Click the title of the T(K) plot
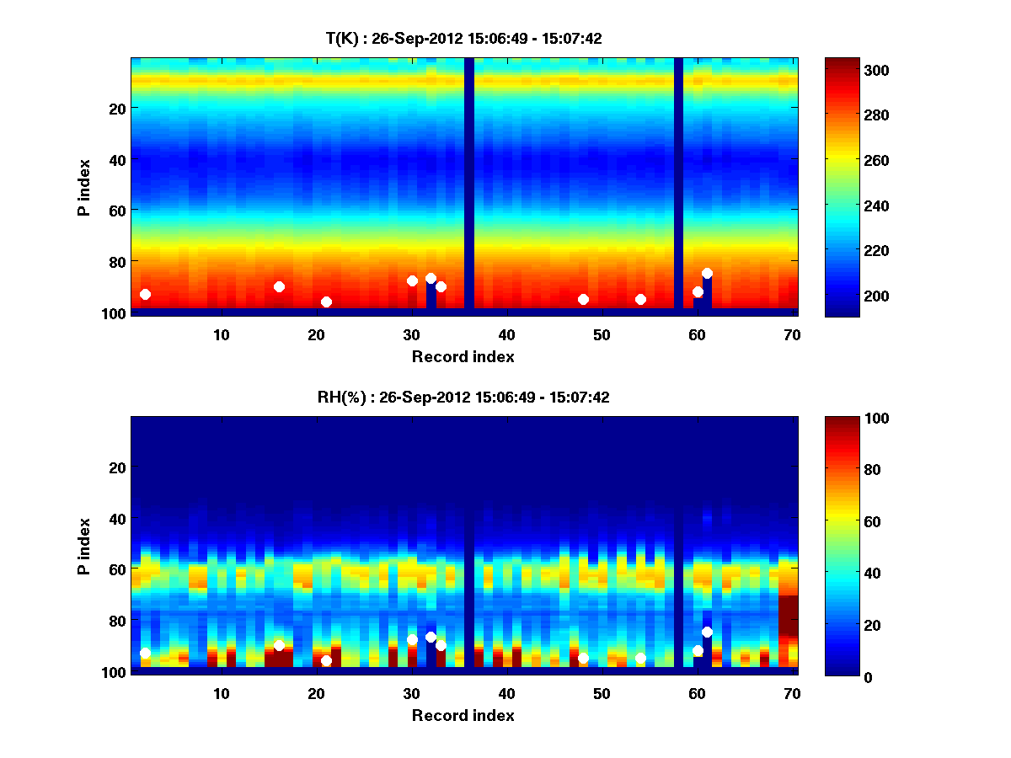[463, 38]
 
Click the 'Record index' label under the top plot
[463, 356]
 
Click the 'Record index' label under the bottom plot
[463, 715]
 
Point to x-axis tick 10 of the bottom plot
[221, 693]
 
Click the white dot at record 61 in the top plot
[707, 274]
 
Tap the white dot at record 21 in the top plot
[326, 302]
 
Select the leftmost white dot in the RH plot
[145, 654]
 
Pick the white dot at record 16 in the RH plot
[279, 645]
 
